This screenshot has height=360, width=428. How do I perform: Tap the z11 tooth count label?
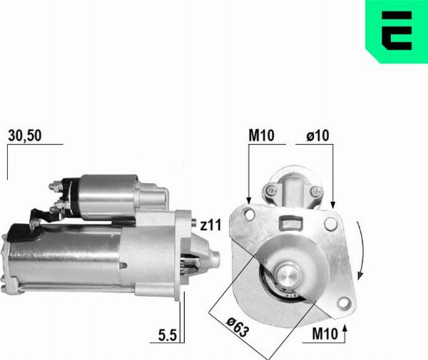click(x=210, y=225)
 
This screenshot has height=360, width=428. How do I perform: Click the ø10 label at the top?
click(x=318, y=135)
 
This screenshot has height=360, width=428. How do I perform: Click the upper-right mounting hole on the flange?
click(x=330, y=225)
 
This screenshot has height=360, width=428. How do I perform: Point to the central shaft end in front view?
click(x=289, y=274)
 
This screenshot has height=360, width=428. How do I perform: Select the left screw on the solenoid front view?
click(x=270, y=190)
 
